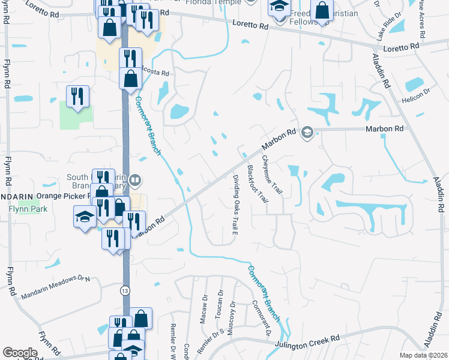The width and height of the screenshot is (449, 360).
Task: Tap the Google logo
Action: pos(20,353)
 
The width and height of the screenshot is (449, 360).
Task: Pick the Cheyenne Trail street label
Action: pos(272,174)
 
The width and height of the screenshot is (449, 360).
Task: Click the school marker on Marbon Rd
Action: pos(307,132)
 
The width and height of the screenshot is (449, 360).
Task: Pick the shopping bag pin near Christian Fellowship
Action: pos(322,10)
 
